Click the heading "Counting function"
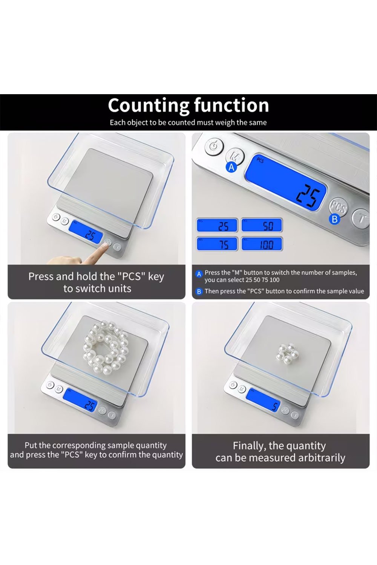[188, 105]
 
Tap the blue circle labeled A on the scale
[231, 168]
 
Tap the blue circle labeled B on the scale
[334, 219]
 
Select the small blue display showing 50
[262, 225]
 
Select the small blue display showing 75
[217, 244]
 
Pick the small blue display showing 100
[262, 244]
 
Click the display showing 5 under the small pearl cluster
[263, 402]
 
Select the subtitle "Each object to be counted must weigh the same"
[188, 122]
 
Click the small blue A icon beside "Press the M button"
[199, 274]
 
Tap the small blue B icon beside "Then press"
[199, 292]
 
